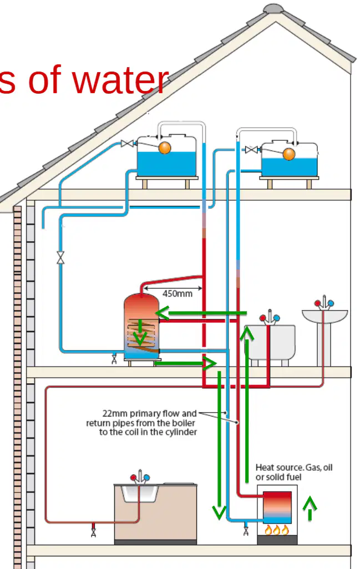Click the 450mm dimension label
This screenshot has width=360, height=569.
[x=177, y=293]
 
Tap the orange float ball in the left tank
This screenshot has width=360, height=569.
[x=165, y=148]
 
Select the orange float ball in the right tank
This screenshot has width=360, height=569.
[x=289, y=154]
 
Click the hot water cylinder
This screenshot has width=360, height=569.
[x=141, y=327]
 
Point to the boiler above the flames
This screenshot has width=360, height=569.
[x=277, y=507]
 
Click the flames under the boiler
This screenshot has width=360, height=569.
[x=277, y=530]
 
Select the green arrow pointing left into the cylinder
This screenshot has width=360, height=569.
[x=201, y=313]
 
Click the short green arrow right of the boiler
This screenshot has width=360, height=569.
[x=310, y=509]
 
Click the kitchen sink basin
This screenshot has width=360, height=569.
[x=140, y=493]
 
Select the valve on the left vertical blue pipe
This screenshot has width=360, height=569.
[x=60, y=257]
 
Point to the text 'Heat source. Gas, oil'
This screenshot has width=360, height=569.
[x=294, y=468]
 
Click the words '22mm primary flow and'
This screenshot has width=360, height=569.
[x=150, y=413]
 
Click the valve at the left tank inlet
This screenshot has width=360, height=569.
[x=127, y=143]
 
